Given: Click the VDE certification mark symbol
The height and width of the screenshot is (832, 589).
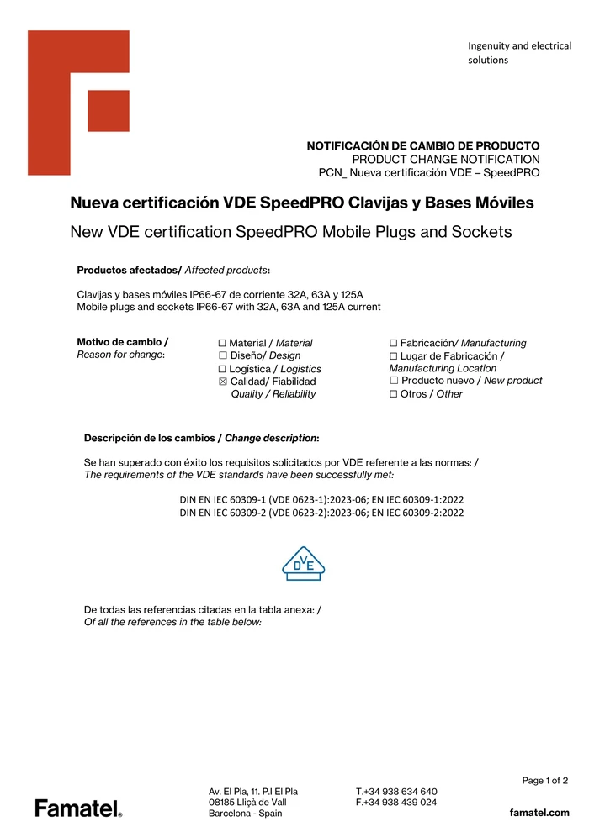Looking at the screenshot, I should [x=302, y=564].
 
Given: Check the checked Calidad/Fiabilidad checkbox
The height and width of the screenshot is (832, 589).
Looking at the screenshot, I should [x=223, y=382].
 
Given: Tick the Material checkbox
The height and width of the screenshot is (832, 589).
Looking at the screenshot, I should [x=223, y=344].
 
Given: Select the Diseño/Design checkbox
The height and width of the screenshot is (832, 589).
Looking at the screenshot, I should [x=223, y=356].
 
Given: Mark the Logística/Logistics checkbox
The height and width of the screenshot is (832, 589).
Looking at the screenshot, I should [x=223, y=369].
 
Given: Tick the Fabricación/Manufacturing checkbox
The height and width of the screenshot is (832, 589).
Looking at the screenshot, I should [x=394, y=344].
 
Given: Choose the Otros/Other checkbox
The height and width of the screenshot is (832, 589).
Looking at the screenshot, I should [x=394, y=394].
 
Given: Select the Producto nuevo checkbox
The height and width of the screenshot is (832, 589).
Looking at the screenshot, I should [x=394, y=382].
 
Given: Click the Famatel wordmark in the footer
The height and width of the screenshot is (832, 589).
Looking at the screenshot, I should [x=78, y=808].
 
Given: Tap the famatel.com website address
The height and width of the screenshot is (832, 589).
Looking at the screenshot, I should [x=539, y=813].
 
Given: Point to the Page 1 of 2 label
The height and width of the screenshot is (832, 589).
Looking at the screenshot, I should [x=544, y=781].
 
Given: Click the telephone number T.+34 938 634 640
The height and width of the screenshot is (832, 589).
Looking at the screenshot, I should [x=396, y=792].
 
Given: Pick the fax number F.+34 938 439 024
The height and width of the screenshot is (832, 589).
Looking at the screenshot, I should [x=396, y=803].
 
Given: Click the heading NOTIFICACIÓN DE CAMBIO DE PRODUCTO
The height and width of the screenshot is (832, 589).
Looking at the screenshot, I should [x=423, y=145].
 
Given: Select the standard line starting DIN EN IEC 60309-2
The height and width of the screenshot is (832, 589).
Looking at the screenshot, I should [x=321, y=513].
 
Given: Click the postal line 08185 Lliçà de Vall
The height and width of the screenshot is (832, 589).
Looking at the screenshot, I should [x=247, y=803].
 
